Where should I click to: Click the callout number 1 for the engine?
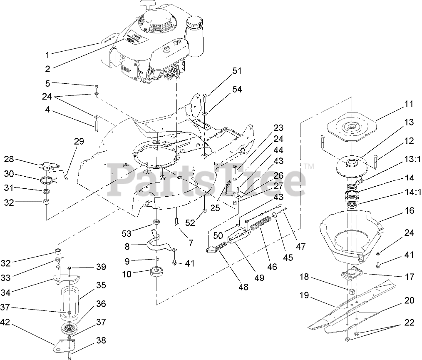pos(47,55)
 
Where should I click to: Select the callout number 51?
pos(237,71)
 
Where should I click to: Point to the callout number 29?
pos(79,142)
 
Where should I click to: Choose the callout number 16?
pos(410,211)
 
